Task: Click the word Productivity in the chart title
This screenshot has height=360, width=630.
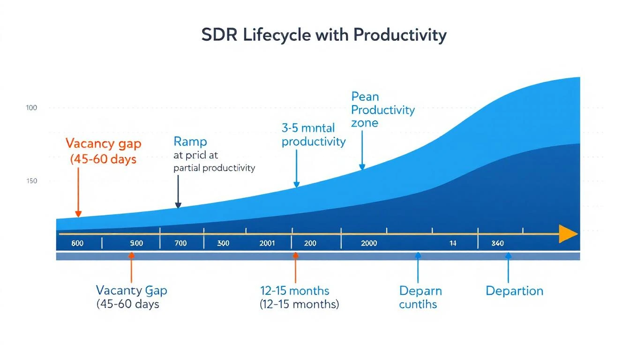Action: [x=400, y=36]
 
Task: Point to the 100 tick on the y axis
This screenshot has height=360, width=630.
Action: [x=31, y=108]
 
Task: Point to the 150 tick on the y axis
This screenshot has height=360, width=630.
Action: [x=31, y=181]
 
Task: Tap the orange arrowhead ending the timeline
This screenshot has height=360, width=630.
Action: [x=568, y=233]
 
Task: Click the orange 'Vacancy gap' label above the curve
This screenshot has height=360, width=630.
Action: [x=103, y=143]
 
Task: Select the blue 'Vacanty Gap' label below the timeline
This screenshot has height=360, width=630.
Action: [x=131, y=290]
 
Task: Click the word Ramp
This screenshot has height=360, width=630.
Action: [x=190, y=141]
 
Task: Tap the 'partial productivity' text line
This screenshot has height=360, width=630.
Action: [x=214, y=168]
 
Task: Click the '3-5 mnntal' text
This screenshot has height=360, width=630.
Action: [x=308, y=127]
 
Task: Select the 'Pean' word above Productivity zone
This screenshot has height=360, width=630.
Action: [x=365, y=97]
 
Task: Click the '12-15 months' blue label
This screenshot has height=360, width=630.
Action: [x=294, y=291]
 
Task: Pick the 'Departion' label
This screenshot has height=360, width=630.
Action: [x=514, y=291]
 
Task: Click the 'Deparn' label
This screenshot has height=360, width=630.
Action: [x=420, y=291]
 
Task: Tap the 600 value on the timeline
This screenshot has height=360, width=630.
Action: [x=77, y=243]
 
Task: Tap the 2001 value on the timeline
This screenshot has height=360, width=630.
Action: [x=267, y=243]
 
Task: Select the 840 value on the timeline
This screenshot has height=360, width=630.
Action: [x=497, y=243]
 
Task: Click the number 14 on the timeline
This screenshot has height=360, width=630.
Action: [x=452, y=243]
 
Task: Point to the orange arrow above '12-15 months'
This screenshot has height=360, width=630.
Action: [x=295, y=267]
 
